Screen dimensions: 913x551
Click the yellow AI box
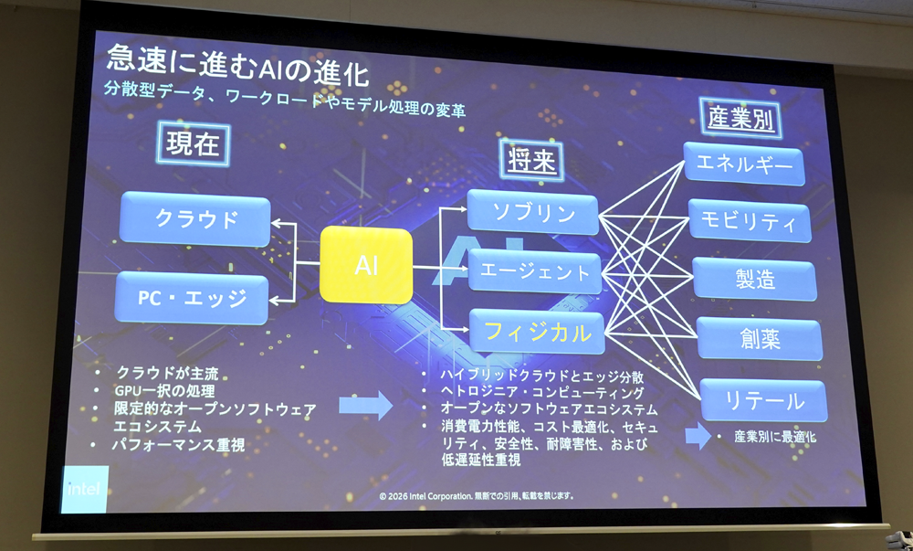tap(366, 265)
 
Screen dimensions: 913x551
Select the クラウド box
tap(195, 219)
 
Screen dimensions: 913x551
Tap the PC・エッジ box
tap(192, 298)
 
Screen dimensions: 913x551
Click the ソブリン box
tap(533, 213)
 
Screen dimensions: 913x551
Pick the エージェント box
tap(534, 272)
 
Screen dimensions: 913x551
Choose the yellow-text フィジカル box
tap(537, 332)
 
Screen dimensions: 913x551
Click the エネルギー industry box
tap(744, 164)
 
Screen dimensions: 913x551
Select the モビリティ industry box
tap(750, 220)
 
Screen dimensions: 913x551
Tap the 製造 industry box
tap(755, 279)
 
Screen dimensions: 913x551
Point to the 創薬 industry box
tap(760, 338)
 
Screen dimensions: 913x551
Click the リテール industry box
tap(763, 399)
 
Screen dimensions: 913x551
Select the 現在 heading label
tap(193, 143)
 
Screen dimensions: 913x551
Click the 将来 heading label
tap(531, 160)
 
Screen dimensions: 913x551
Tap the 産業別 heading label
tap(740, 118)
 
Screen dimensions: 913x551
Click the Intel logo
tap(84, 489)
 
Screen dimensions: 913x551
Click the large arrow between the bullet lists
tap(366, 406)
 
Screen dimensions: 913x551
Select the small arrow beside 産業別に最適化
tap(698, 436)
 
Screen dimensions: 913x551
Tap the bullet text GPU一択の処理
tap(164, 390)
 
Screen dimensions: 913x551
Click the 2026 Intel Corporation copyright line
tap(477, 496)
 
